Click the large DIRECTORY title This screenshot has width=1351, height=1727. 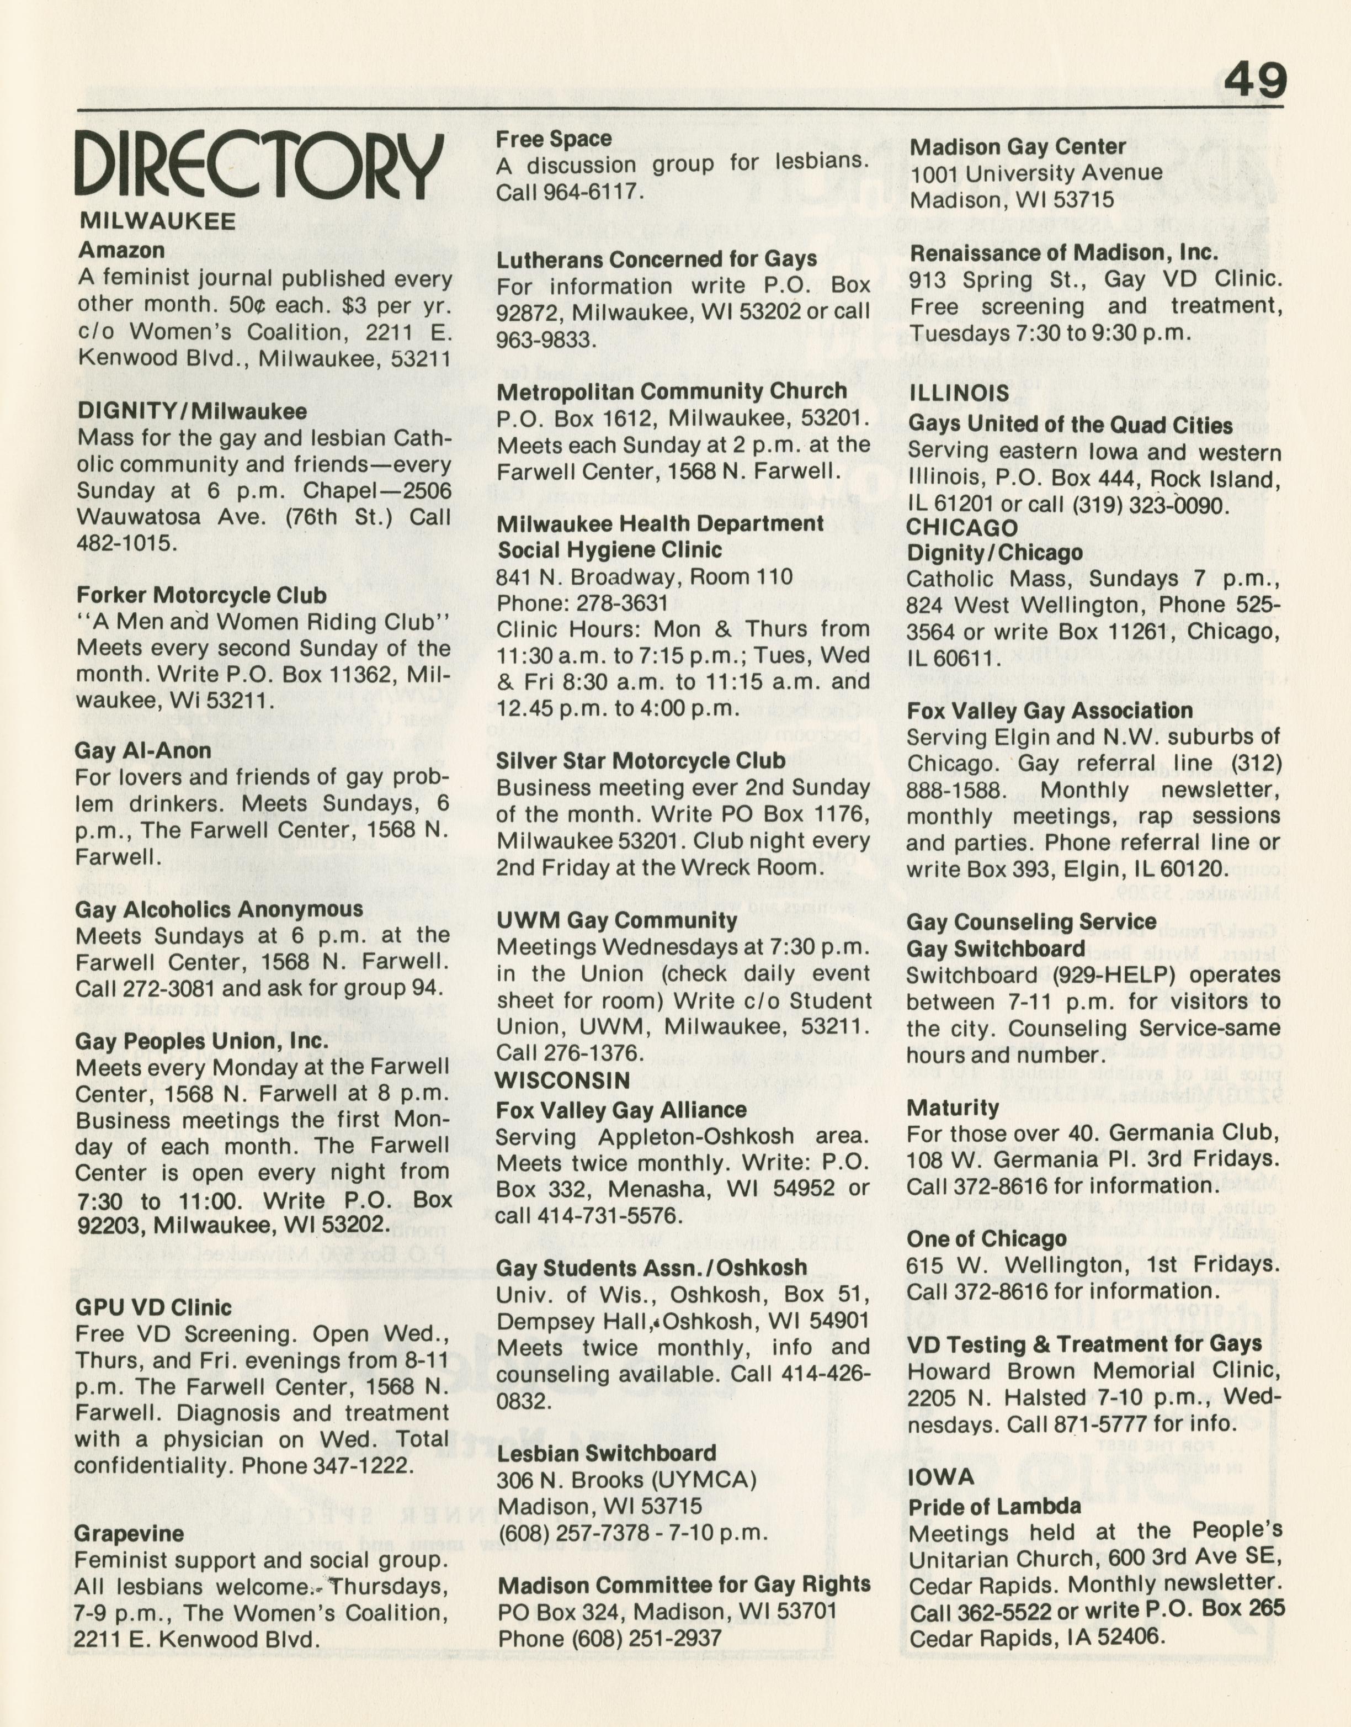(259, 167)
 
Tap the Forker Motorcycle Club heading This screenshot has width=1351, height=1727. (201, 595)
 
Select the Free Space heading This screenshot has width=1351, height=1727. (554, 139)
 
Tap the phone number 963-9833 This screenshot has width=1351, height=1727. (545, 340)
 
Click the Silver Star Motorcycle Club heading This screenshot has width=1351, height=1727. (641, 761)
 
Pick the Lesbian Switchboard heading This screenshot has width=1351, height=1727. (606, 1453)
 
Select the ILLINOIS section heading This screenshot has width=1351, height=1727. (959, 393)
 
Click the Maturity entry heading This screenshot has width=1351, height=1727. (953, 1108)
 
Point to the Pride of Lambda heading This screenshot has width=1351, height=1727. (994, 1507)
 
